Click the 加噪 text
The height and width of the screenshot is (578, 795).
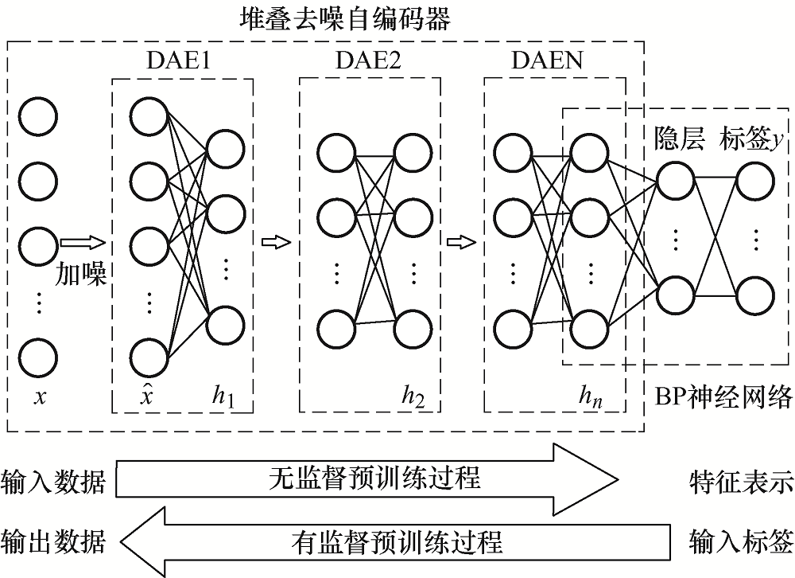pos(81,274)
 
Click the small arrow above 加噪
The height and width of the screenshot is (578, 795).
pos(81,241)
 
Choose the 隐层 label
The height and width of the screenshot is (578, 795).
pos(678,139)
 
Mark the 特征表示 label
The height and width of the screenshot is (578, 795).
pos(742,482)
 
